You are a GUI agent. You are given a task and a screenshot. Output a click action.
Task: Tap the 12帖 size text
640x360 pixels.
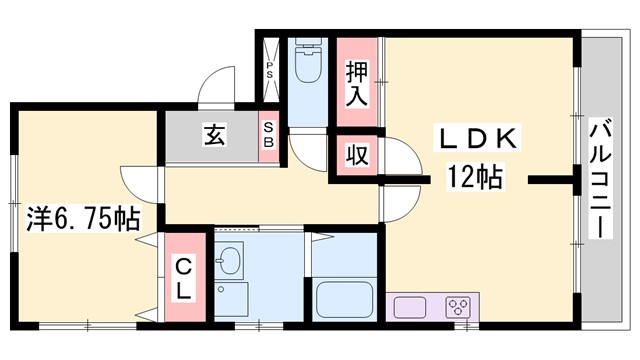coord(474,179)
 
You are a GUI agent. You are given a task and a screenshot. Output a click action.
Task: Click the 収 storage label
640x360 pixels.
coord(356,157)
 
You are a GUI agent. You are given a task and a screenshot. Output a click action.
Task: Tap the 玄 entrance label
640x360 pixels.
coord(213,135)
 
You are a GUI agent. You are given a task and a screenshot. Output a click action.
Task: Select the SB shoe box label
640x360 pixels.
coord(269,135)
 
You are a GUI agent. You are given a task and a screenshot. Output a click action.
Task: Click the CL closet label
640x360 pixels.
coord(186,277)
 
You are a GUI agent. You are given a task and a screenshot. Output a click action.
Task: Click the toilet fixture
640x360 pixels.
coord(308,66)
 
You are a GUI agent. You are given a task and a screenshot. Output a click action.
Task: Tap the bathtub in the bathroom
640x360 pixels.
coord(342,299)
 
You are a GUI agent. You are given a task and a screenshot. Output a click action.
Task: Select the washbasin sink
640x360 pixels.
coord(230,262)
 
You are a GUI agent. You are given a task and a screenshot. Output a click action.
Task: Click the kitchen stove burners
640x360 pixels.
coord(459,306)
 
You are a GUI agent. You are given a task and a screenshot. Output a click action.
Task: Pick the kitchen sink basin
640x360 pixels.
coord(410,307)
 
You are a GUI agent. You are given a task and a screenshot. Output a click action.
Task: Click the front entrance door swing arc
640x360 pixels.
coord(216,86)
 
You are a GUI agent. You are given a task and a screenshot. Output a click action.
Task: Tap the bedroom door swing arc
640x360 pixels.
coord(137,181)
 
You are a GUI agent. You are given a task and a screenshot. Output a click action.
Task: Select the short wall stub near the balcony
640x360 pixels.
coord(550,181)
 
